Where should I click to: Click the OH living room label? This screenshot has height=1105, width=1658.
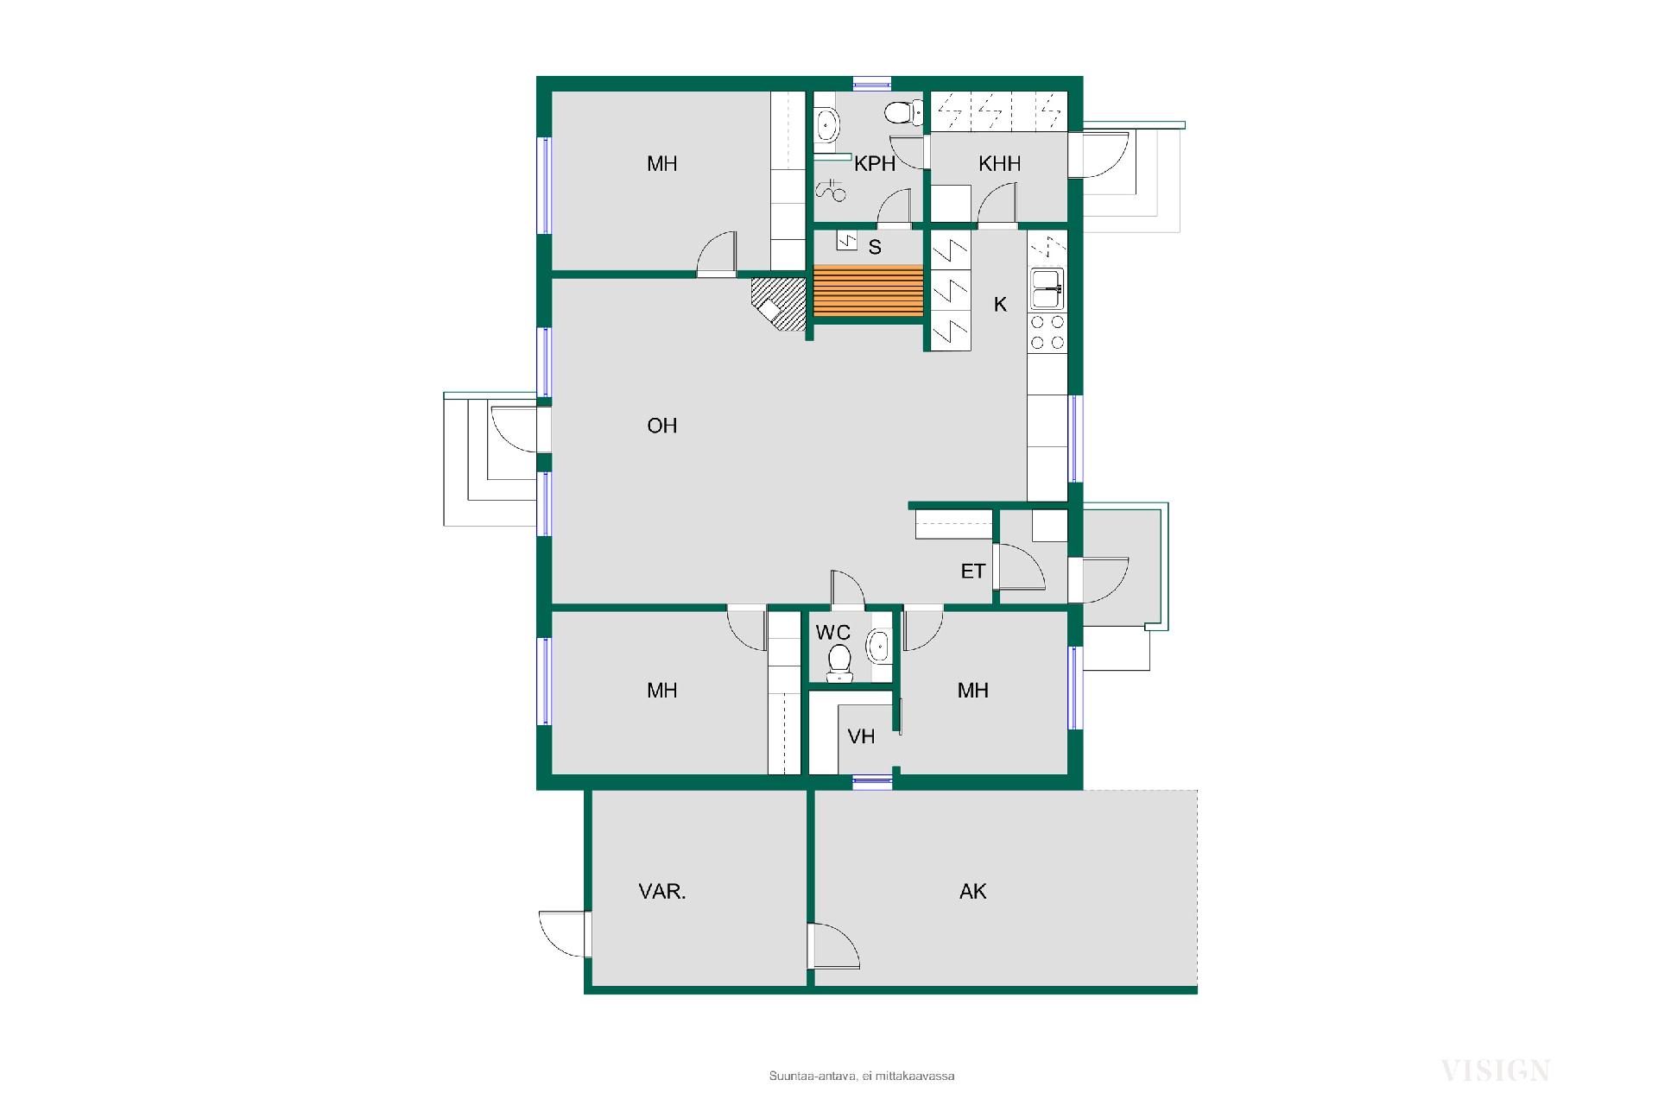pyautogui.click(x=662, y=426)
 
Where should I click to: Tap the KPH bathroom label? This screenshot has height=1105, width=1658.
pyautogui.click(x=875, y=164)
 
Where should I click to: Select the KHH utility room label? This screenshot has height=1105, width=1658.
pyautogui.click(x=1000, y=164)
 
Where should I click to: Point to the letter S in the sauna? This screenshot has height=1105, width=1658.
pyautogui.click(x=875, y=248)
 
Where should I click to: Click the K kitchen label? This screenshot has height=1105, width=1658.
pyautogui.click(x=1001, y=304)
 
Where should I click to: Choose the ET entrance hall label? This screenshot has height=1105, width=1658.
pyautogui.click(x=973, y=571)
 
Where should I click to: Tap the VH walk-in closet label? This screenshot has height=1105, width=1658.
pyautogui.click(x=861, y=736)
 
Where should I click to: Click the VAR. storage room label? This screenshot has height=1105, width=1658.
pyautogui.click(x=662, y=892)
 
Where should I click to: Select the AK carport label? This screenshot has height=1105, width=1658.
pyautogui.click(x=973, y=892)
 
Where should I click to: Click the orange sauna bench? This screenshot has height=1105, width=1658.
pyautogui.click(x=868, y=291)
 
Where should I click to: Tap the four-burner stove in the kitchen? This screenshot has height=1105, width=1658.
pyautogui.click(x=1047, y=332)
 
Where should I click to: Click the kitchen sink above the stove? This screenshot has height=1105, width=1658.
pyautogui.click(x=1047, y=288)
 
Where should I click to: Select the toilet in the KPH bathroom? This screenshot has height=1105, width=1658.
pyautogui.click(x=898, y=113)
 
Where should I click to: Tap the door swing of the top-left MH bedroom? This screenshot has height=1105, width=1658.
pyautogui.click(x=717, y=253)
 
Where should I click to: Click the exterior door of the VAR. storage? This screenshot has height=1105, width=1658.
pyautogui.click(x=563, y=934)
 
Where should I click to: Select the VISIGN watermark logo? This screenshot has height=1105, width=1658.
pyautogui.click(x=1496, y=1071)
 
